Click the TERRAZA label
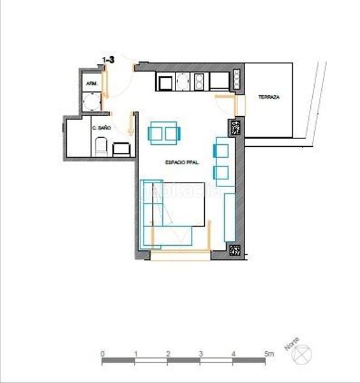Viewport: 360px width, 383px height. coord(268,97)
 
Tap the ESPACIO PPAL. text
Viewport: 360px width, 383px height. coord(182,163)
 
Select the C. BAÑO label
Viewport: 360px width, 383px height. coord(101,128)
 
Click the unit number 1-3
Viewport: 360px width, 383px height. coord(108,60)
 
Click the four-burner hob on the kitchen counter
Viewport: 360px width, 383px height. coord(200,81)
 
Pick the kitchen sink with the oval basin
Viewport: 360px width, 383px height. coord(183,81)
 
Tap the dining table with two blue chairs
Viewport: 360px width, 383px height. coord(165,133)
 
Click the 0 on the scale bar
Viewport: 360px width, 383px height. coord(102,353)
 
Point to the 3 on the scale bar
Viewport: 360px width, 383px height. coord(200,353)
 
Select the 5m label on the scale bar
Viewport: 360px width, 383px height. coord(268,353)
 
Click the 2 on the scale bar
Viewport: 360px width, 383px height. coord(168,353)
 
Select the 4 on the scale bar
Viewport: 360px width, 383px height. coord(234,353)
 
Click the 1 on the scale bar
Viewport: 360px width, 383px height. coord(135,353)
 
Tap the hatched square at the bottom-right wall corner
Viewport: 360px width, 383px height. coord(234,251)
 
